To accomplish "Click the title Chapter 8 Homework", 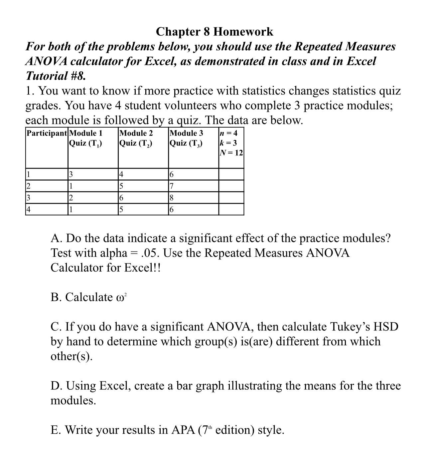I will point(214,32).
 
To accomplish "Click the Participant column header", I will point(47,133).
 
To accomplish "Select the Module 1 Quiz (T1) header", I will point(86,138).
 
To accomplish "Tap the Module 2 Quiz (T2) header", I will point(136,138).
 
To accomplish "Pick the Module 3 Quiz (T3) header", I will point(186,138).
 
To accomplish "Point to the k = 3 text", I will point(228,143).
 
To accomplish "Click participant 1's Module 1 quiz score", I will point(71,174).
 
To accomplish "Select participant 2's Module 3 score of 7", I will point(172,186).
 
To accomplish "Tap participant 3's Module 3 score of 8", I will point(172,198).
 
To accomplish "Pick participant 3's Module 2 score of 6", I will point(121,198).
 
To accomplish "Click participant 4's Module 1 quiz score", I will point(71,210).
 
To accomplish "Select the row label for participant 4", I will point(29,210).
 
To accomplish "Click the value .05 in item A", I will point(151,253).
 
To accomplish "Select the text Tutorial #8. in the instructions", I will point(56,76).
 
